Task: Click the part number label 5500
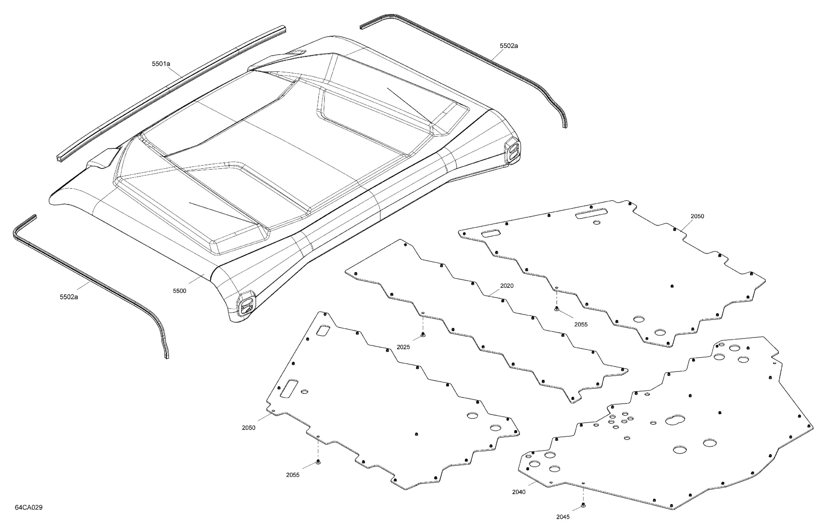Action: coord(179,291)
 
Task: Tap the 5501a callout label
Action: coord(161,64)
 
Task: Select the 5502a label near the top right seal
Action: coord(509,46)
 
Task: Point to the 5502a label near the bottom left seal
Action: coord(69,297)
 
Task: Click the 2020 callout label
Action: coord(507,286)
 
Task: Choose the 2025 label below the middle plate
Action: coord(403,347)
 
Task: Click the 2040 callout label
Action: coord(519,492)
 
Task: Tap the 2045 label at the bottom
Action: coord(563,517)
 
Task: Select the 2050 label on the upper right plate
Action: coord(697,216)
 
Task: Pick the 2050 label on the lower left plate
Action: coord(249,428)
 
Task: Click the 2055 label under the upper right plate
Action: coord(581,324)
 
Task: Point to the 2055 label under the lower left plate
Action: coord(293,475)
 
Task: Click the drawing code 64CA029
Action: coord(28,507)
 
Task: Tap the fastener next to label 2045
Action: coord(583,505)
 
